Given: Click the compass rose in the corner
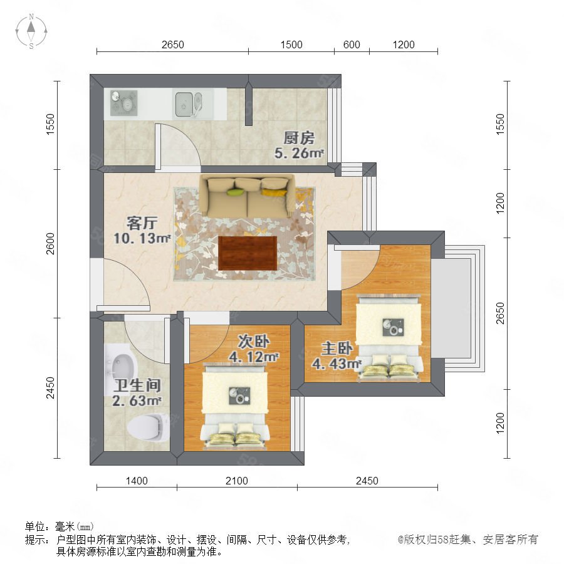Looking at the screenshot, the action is click(x=31, y=31).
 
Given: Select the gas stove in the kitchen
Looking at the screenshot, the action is click(x=123, y=103).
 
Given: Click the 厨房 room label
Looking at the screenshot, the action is click(x=299, y=138).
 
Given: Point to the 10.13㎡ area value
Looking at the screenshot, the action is click(x=142, y=238).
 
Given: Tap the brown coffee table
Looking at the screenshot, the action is click(x=248, y=253).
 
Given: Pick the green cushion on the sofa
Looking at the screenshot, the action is click(x=235, y=192).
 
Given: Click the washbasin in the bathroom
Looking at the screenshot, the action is click(x=121, y=366).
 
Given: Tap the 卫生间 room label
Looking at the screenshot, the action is click(x=137, y=385).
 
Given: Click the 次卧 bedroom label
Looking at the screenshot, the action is click(x=254, y=342).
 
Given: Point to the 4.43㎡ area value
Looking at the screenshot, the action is click(x=337, y=363).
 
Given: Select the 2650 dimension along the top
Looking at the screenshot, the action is click(x=173, y=44).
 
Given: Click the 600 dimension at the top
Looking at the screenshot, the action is click(x=352, y=44).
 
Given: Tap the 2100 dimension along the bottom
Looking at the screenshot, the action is click(x=237, y=481).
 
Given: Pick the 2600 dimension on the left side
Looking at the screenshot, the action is click(x=50, y=244).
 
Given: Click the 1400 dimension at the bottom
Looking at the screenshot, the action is click(x=137, y=481).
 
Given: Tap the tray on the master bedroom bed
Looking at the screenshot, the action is click(x=393, y=327).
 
